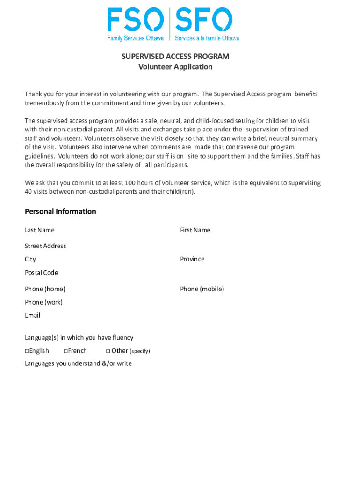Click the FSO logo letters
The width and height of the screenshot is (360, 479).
[136, 20]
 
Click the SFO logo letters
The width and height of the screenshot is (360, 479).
[204, 20]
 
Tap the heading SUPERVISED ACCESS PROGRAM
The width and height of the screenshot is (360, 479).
[175, 57]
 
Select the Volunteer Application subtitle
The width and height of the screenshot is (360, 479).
[175, 67]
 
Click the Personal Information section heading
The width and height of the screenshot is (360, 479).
[60, 211]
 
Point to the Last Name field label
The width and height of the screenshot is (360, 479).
[40, 230]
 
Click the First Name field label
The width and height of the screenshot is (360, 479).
[195, 230]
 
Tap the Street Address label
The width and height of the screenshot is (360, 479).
[45, 246]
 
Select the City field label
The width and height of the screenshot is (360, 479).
[30, 259]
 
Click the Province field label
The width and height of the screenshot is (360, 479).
[192, 259]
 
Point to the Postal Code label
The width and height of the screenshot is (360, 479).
[42, 273]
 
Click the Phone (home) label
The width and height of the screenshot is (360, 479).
[45, 289]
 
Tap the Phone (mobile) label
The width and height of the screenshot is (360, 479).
[202, 289]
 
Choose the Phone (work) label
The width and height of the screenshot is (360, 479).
[43, 302]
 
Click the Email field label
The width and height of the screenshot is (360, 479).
[33, 315]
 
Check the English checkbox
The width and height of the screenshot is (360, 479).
[27, 351]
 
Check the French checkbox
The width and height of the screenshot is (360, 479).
[65, 351]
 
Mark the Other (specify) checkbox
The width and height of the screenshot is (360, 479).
[108, 351]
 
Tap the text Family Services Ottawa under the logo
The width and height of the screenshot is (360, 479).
[136, 38]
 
